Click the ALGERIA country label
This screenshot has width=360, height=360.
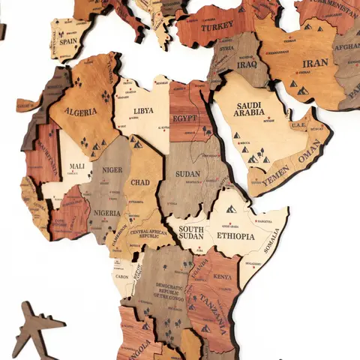pos(81,112)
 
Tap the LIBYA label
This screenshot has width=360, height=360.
pos(143,110)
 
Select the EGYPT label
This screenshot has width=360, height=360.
pos(184,118)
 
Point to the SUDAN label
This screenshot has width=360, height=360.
pos(187,173)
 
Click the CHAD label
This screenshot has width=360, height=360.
pos(140,182)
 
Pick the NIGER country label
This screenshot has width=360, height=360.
pos(112,170)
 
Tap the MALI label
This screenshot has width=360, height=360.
pos(76,166)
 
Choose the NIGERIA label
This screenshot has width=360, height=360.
pos(106,213)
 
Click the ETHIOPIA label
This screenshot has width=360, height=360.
pos(235,235)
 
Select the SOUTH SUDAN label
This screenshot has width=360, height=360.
pos(190,233)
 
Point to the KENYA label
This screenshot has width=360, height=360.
pos(223,277)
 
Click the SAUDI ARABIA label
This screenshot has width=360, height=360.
pos(249,109)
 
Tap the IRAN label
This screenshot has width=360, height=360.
pos(315,63)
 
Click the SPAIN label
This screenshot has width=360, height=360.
pos(68,43)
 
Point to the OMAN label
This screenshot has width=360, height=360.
pos(308,156)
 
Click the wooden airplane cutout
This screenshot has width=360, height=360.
pos(36,328)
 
